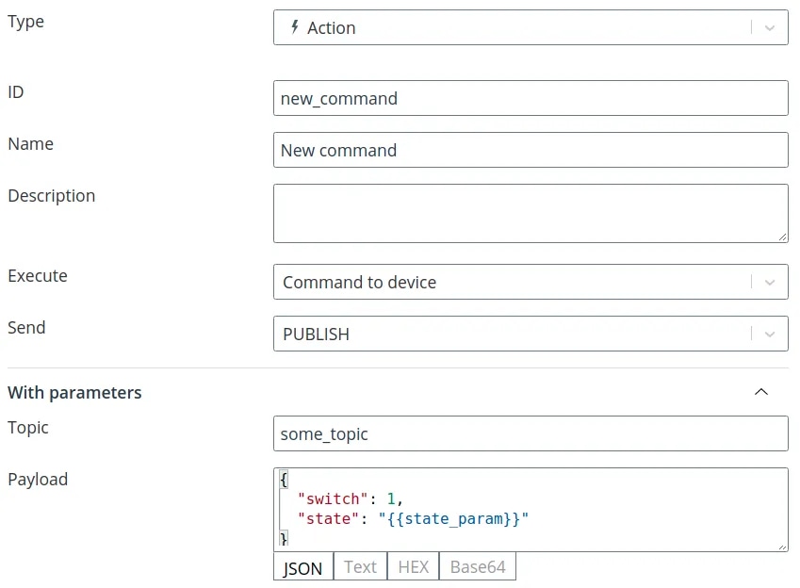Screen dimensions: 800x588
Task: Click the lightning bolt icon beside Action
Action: (x=294, y=27)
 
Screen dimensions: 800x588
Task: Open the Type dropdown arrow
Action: (x=770, y=27)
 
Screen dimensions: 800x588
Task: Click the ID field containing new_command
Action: (x=531, y=98)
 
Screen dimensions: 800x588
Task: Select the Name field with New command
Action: (x=531, y=150)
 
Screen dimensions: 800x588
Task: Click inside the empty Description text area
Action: (x=531, y=213)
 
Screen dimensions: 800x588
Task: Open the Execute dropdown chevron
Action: (x=770, y=283)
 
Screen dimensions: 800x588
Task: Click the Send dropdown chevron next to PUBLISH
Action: (x=770, y=334)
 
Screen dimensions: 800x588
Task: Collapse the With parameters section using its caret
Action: (x=761, y=391)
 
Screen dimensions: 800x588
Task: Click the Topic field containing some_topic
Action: (x=531, y=433)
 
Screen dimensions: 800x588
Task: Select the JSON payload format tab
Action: (x=303, y=566)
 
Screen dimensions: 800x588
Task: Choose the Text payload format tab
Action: (x=360, y=566)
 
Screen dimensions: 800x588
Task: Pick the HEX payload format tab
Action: (x=414, y=566)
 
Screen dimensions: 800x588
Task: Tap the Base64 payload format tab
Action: (x=478, y=566)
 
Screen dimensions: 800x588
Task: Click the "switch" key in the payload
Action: (x=333, y=498)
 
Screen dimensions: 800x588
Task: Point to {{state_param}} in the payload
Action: (x=453, y=518)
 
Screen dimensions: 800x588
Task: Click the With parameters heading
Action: (x=74, y=393)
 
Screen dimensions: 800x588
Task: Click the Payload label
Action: (x=38, y=480)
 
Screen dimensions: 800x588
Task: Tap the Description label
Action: (x=52, y=196)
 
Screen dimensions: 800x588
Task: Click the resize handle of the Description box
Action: (x=783, y=237)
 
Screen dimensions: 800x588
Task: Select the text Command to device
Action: (x=360, y=283)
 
